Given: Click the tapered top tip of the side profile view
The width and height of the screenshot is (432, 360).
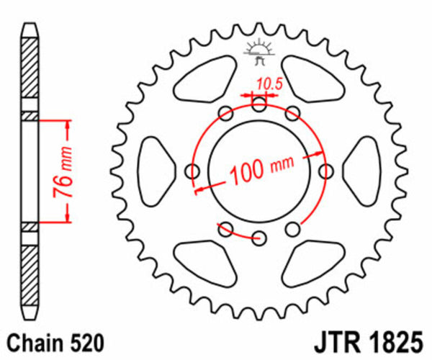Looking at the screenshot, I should (x=29, y=29).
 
